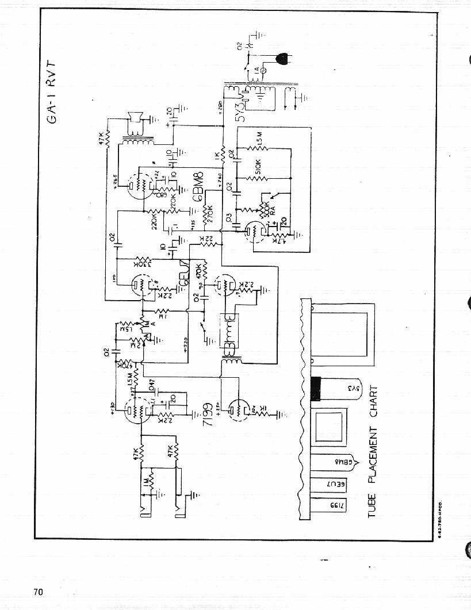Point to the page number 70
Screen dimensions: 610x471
(38, 592)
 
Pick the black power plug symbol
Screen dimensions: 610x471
(282, 58)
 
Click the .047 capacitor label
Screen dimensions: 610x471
(151, 385)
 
